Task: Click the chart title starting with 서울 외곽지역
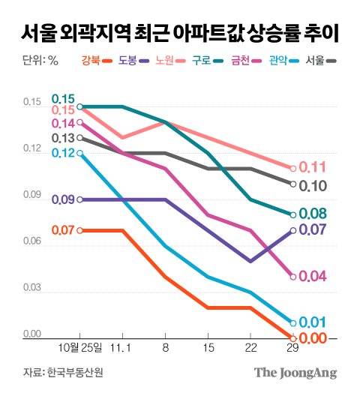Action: [x=179, y=33]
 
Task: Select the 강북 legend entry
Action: [x=95, y=61]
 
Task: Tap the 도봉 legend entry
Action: [x=134, y=61]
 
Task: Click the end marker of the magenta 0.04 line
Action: [x=292, y=277]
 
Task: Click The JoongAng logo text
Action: [x=295, y=373]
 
